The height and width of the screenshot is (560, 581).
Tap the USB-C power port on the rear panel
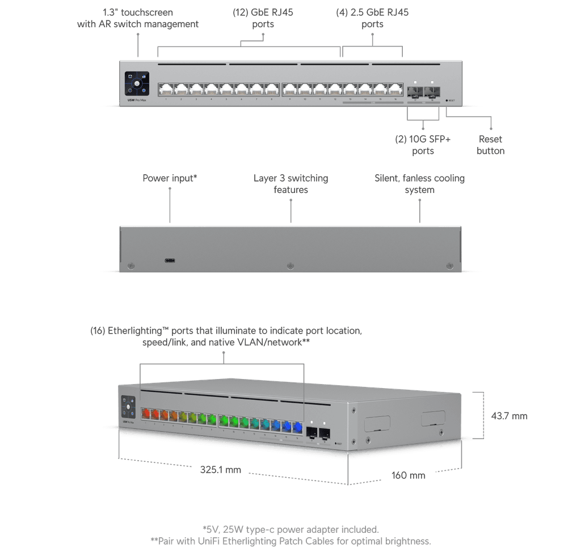click(x=170, y=261)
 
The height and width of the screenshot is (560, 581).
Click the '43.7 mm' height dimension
click(x=509, y=416)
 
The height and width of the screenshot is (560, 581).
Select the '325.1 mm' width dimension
click(x=220, y=469)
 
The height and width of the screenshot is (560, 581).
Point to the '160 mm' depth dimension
click(x=409, y=475)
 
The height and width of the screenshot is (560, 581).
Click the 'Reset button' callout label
click(x=490, y=145)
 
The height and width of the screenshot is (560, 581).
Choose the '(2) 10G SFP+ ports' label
click(x=423, y=145)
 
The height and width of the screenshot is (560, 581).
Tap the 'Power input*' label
click(x=169, y=178)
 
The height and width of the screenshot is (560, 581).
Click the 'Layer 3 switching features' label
click(x=290, y=184)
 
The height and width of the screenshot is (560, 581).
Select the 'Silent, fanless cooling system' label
click(x=419, y=184)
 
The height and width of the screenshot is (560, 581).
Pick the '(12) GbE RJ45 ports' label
click(x=263, y=19)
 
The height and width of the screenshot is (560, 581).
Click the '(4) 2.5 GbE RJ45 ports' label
click(x=372, y=19)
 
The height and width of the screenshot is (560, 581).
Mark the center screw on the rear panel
click(x=290, y=266)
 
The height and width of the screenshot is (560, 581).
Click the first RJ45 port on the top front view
click(x=166, y=89)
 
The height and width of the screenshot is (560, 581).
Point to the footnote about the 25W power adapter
click(x=290, y=529)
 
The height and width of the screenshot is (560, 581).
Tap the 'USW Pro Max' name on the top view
click(x=134, y=102)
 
